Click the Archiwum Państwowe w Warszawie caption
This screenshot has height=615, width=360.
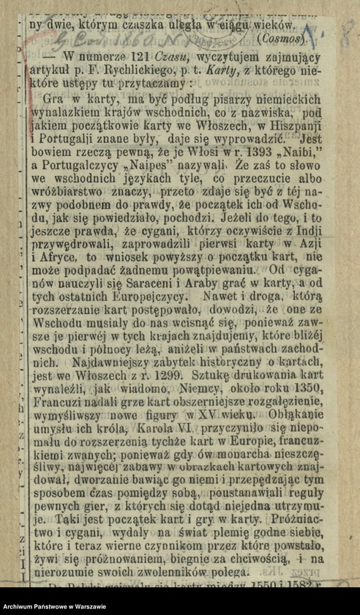[55, 605]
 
